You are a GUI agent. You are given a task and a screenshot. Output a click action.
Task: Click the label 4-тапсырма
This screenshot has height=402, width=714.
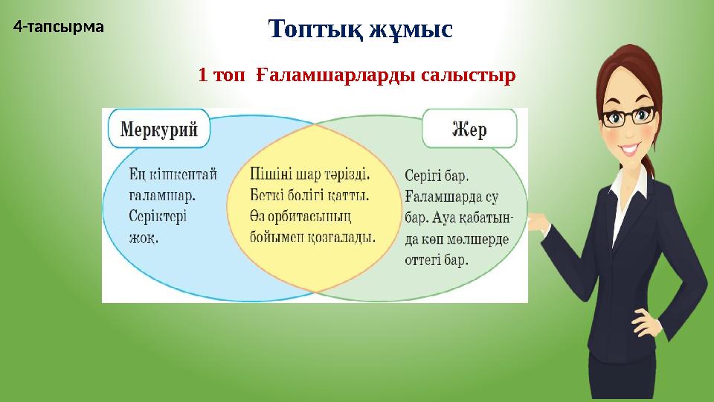point(59,28)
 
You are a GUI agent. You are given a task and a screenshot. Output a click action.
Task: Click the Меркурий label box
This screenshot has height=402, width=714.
point(159,130)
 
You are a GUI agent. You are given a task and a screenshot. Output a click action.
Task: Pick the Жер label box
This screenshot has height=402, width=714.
point(469,130)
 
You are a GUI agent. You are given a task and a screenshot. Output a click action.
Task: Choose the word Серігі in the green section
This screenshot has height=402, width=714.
point(424,176)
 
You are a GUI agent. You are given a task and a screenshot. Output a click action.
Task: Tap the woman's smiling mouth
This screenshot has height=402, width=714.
point(632,149)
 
